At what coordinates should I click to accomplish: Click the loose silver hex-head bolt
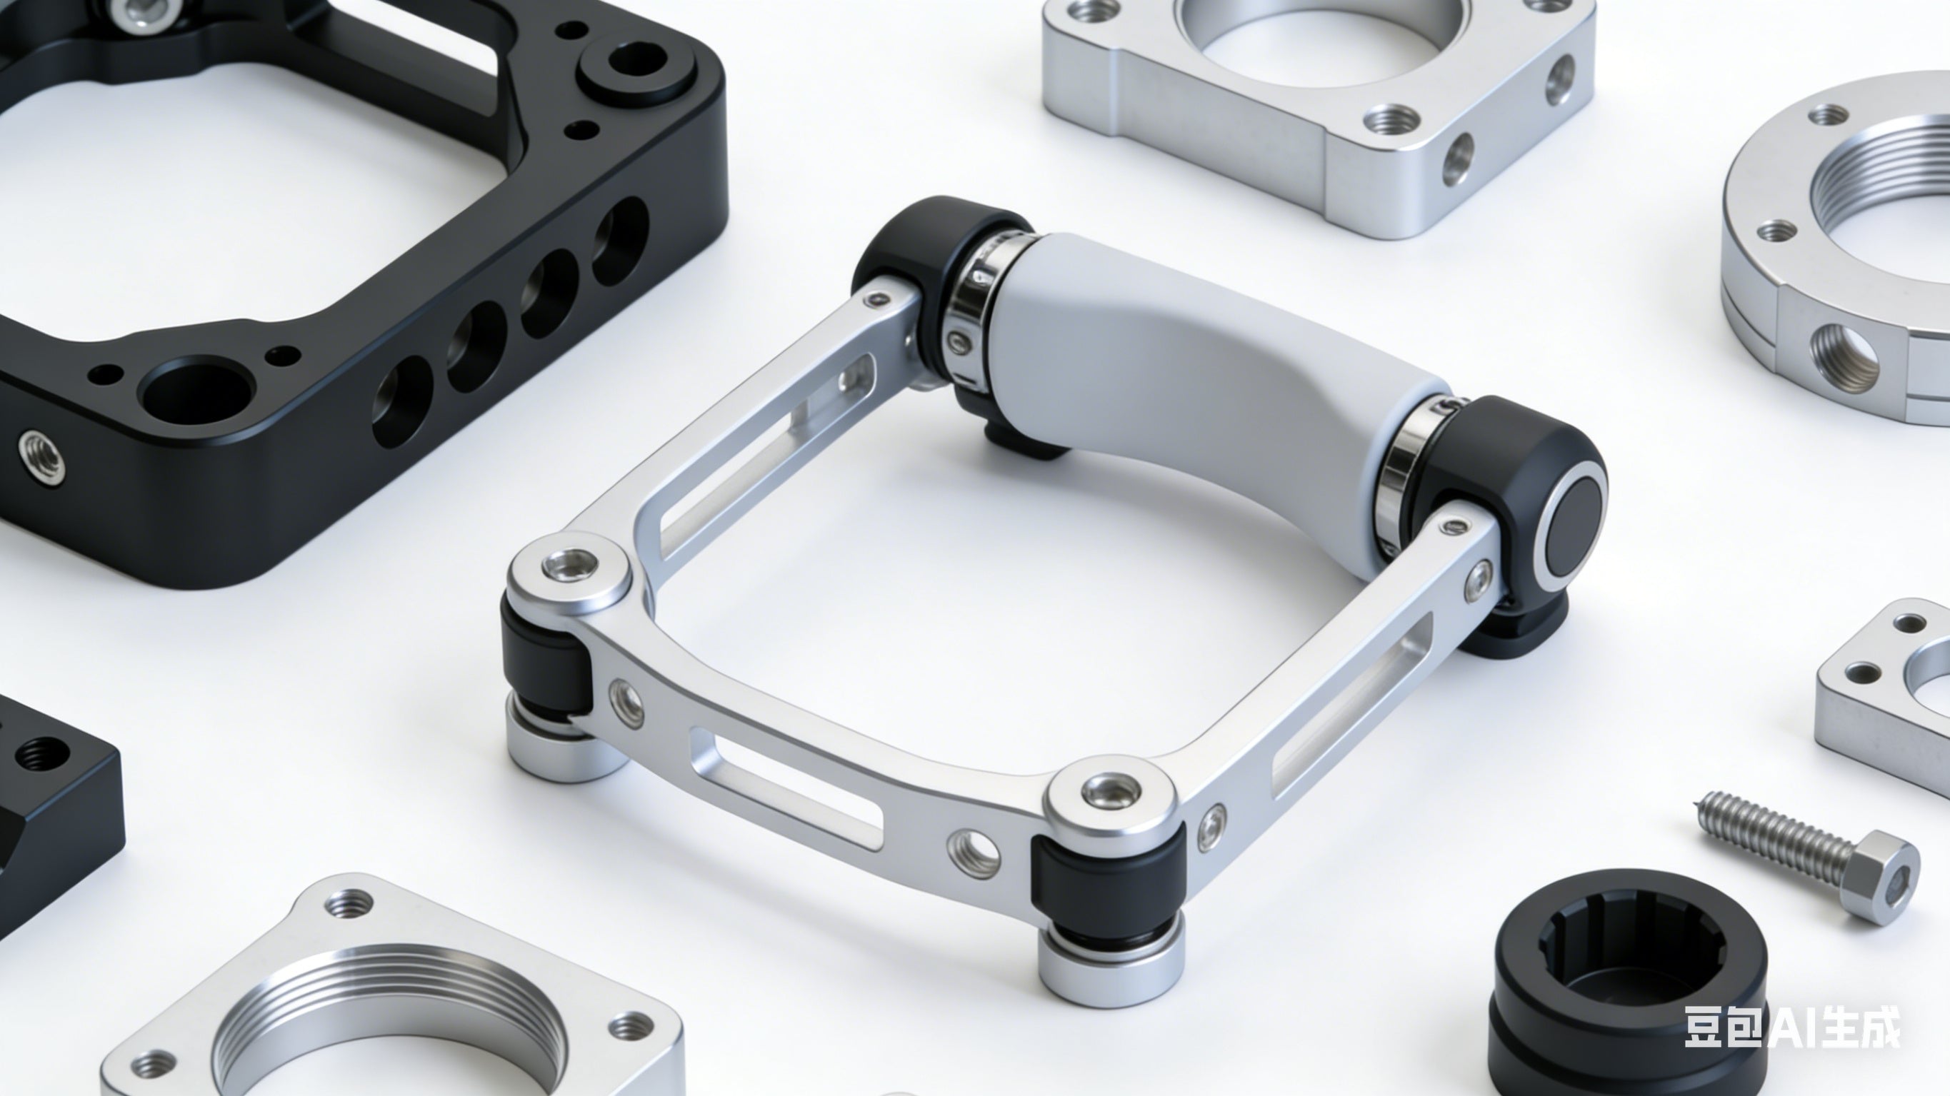point(1810,858)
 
